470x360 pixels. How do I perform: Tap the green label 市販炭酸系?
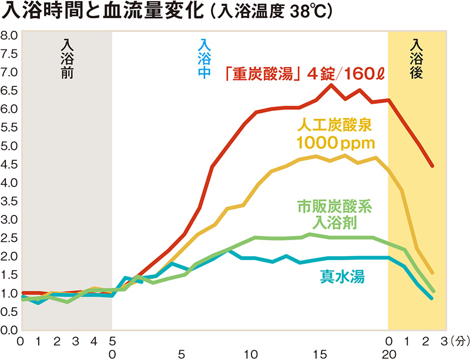pyautogui.click(x=335, y=206)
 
